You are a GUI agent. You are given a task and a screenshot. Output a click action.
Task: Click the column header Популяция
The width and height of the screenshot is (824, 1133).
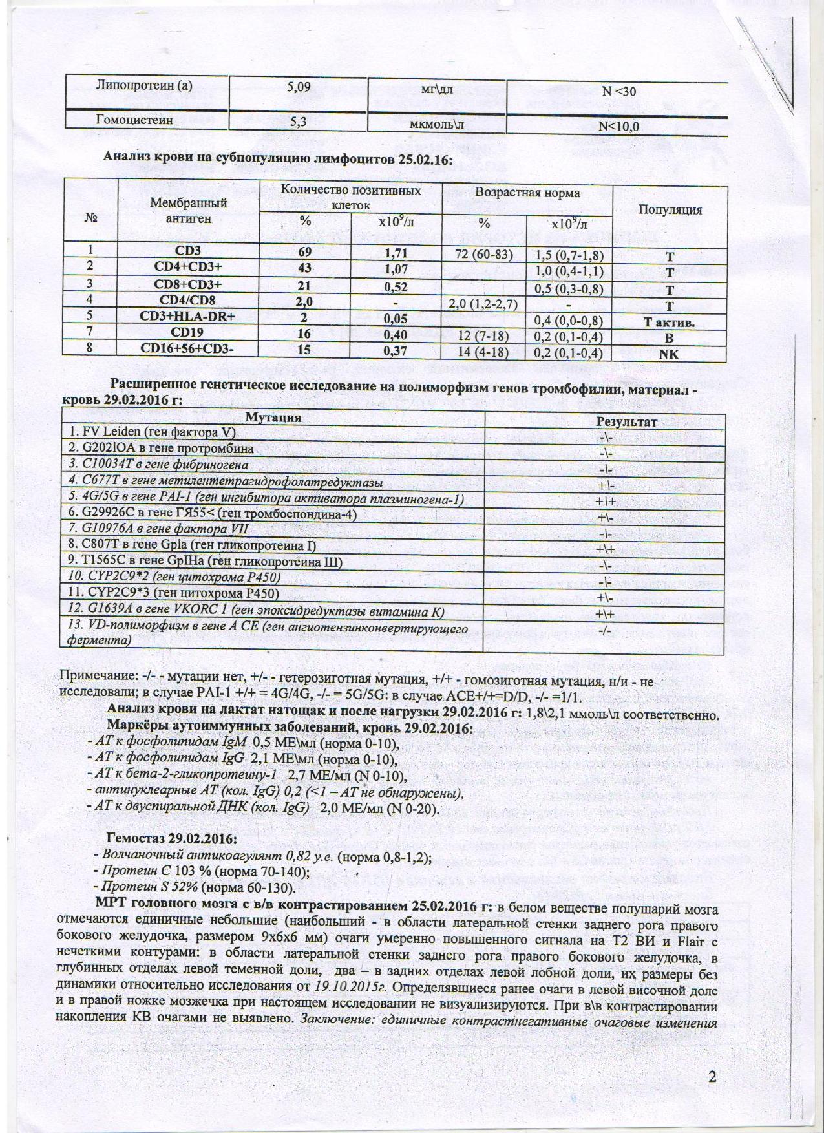coord(670,209)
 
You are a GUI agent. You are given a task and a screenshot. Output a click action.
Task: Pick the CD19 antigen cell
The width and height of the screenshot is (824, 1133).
coord(188,334)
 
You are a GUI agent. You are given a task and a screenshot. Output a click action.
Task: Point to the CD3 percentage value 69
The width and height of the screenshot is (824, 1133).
coord(304,251)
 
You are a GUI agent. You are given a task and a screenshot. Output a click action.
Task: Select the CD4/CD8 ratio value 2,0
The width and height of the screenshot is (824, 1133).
coord(304,301)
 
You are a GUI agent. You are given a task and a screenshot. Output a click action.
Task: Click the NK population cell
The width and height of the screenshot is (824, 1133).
coord(670,354)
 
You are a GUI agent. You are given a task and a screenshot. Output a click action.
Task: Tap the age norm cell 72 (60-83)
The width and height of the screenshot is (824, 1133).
coord(484,254)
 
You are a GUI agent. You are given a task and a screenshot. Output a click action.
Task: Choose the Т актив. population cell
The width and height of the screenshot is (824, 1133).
coord(670,323)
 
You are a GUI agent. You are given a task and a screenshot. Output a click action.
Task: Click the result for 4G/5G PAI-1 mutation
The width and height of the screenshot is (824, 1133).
coord(606,501)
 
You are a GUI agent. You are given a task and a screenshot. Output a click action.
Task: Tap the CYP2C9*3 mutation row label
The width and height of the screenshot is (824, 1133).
coord(174,594)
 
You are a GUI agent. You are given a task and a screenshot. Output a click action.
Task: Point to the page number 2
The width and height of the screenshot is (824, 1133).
coord(713,1077)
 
